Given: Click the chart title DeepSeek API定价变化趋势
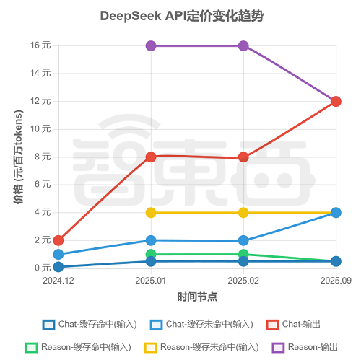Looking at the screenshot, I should click(180, 16).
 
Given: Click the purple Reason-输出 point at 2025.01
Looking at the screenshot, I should click(151, 45).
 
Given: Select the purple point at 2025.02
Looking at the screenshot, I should click(243, 45).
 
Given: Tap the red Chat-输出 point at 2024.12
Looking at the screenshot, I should click(58, 240).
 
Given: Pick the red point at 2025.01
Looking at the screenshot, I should click(151, 157).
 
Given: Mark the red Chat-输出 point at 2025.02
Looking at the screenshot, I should click(243, 157).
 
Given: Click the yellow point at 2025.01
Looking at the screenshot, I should click(151, 212).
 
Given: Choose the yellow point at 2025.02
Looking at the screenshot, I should click(243, 212).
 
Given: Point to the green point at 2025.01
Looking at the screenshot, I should click(151, 254).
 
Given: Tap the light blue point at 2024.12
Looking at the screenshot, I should click(58, 254).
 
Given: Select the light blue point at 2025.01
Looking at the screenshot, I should click(151, 240).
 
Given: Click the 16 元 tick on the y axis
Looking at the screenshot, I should click(40, 45).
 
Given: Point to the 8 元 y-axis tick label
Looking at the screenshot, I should click(43, 157).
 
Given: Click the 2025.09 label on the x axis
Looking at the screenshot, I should click(335, 280).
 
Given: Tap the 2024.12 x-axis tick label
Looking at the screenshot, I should click(58, 280).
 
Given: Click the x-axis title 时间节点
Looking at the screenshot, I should click(197, 297).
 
